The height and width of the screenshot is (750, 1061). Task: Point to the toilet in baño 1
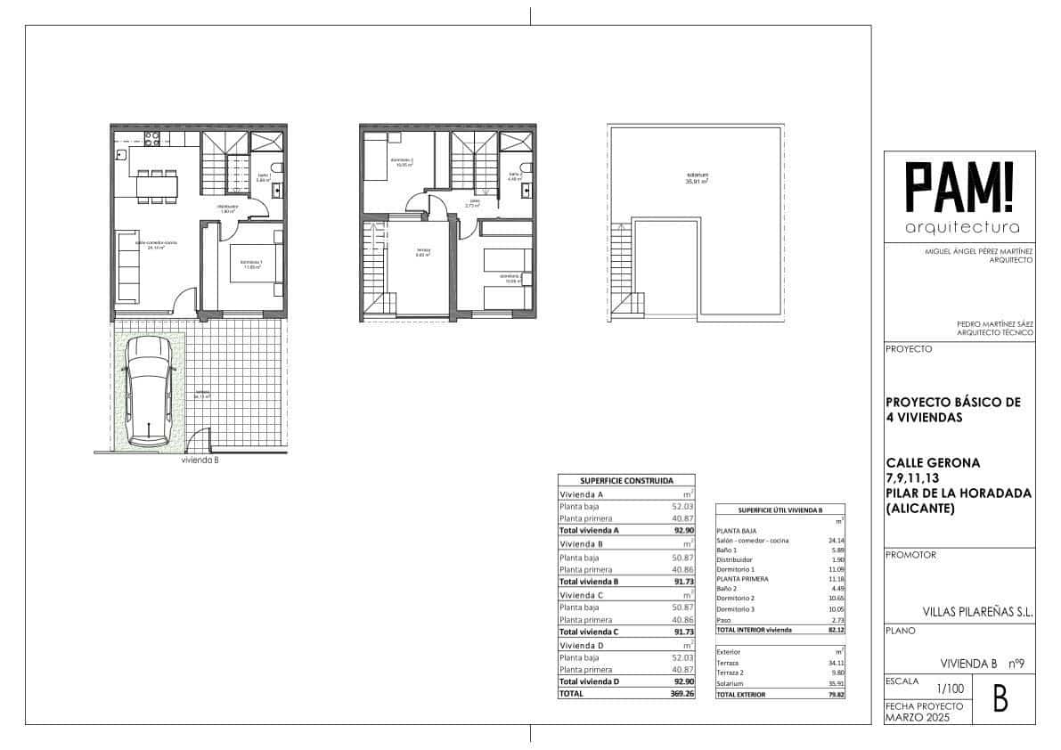(x=278, y=168)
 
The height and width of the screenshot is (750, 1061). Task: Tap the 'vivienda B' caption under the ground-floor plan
(x=200, y=461)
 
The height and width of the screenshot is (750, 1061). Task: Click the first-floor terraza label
(x=423, y=252)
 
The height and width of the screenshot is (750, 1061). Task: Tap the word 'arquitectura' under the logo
(x=961, y=227)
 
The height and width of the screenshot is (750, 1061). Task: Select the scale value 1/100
(x=950, y=689)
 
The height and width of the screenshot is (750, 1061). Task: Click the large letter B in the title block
(x=1000, y=700)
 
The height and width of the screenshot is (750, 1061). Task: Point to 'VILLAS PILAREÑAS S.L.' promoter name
(x=977, y=612)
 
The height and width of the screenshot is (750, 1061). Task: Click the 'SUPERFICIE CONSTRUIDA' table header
(x=626, y=479)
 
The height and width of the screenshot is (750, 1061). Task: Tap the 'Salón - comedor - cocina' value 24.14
(x=835, y=541)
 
